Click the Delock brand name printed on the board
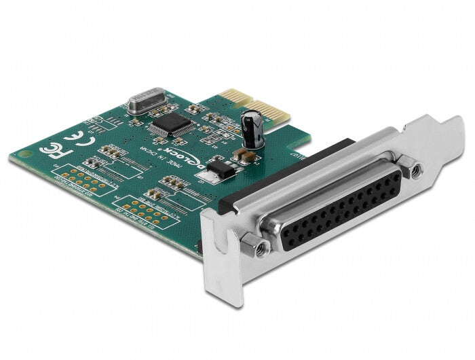point(209,165)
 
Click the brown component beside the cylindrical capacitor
point(246,156)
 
